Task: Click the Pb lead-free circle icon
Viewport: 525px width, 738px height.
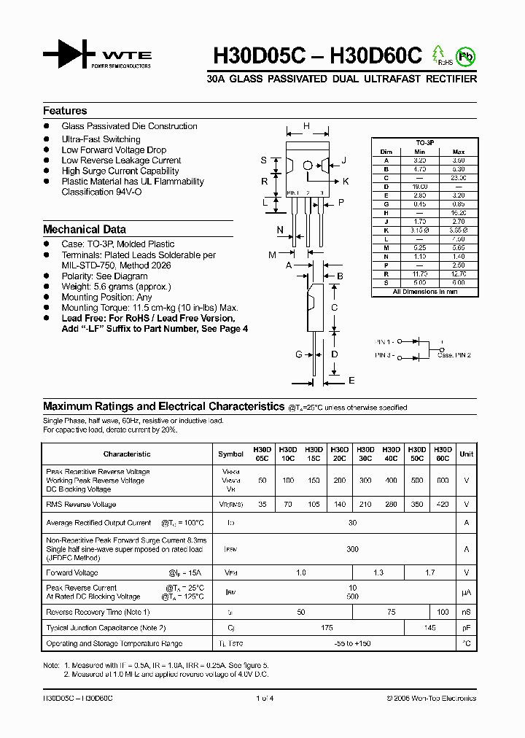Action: point(465,55)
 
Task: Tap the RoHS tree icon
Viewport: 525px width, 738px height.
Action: point(439,55)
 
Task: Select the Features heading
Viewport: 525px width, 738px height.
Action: point(65,111)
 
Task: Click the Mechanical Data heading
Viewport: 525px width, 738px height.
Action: point(84,229)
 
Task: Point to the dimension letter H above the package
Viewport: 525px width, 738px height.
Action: point(306,126)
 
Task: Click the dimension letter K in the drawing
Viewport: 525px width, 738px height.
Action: point(346,181)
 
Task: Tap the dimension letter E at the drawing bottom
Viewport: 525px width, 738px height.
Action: point(351,381)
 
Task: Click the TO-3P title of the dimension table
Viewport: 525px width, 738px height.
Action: point(425,143)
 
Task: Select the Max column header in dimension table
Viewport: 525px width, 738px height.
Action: point(459,152)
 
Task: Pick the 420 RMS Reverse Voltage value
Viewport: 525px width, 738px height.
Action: point(443,504)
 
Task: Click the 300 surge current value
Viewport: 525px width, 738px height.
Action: point(352,548)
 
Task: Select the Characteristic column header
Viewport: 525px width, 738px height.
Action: point(127,454)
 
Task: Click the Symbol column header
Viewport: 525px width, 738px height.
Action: point(230,454)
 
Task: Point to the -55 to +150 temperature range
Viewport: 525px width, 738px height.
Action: point(352,643)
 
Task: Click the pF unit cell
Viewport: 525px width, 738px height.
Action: point(467,627)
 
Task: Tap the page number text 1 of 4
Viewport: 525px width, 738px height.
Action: point(263,698)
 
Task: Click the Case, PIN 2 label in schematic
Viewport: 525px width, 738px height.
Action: point(454,354)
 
